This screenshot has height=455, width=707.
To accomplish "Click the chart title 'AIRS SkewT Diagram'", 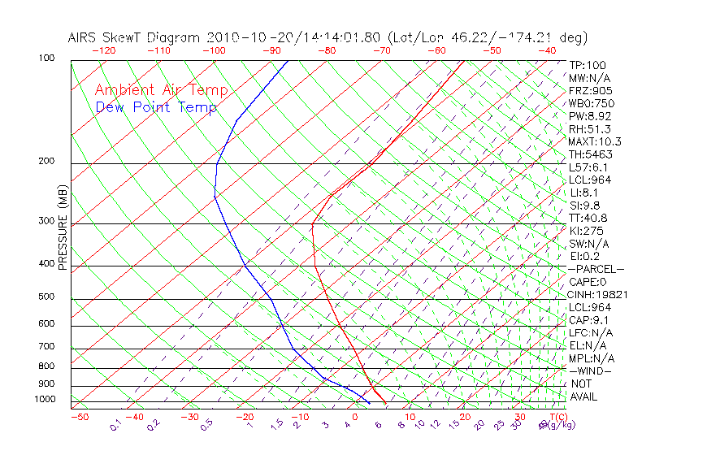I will (x=135, y=38).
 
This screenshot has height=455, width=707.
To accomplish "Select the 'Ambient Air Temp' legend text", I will (x=162, y=90).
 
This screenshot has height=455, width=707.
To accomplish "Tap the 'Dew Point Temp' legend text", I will (x=156, y=107).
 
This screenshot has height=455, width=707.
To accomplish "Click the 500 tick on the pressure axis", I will (x=46, y=297).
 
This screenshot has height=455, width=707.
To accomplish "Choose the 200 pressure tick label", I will (x=46, y=161).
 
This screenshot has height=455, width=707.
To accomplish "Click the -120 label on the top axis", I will (x=104, y=50).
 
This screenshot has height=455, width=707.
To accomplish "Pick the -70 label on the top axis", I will (x=381, y=50).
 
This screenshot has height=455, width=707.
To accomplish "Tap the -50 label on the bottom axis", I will (x=79, y=417).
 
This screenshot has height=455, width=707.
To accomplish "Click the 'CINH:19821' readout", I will (x=598, y=294).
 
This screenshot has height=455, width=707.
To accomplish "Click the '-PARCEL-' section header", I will (x=596, y=269).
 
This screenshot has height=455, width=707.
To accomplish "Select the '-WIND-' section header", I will (x=590, y=370).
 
